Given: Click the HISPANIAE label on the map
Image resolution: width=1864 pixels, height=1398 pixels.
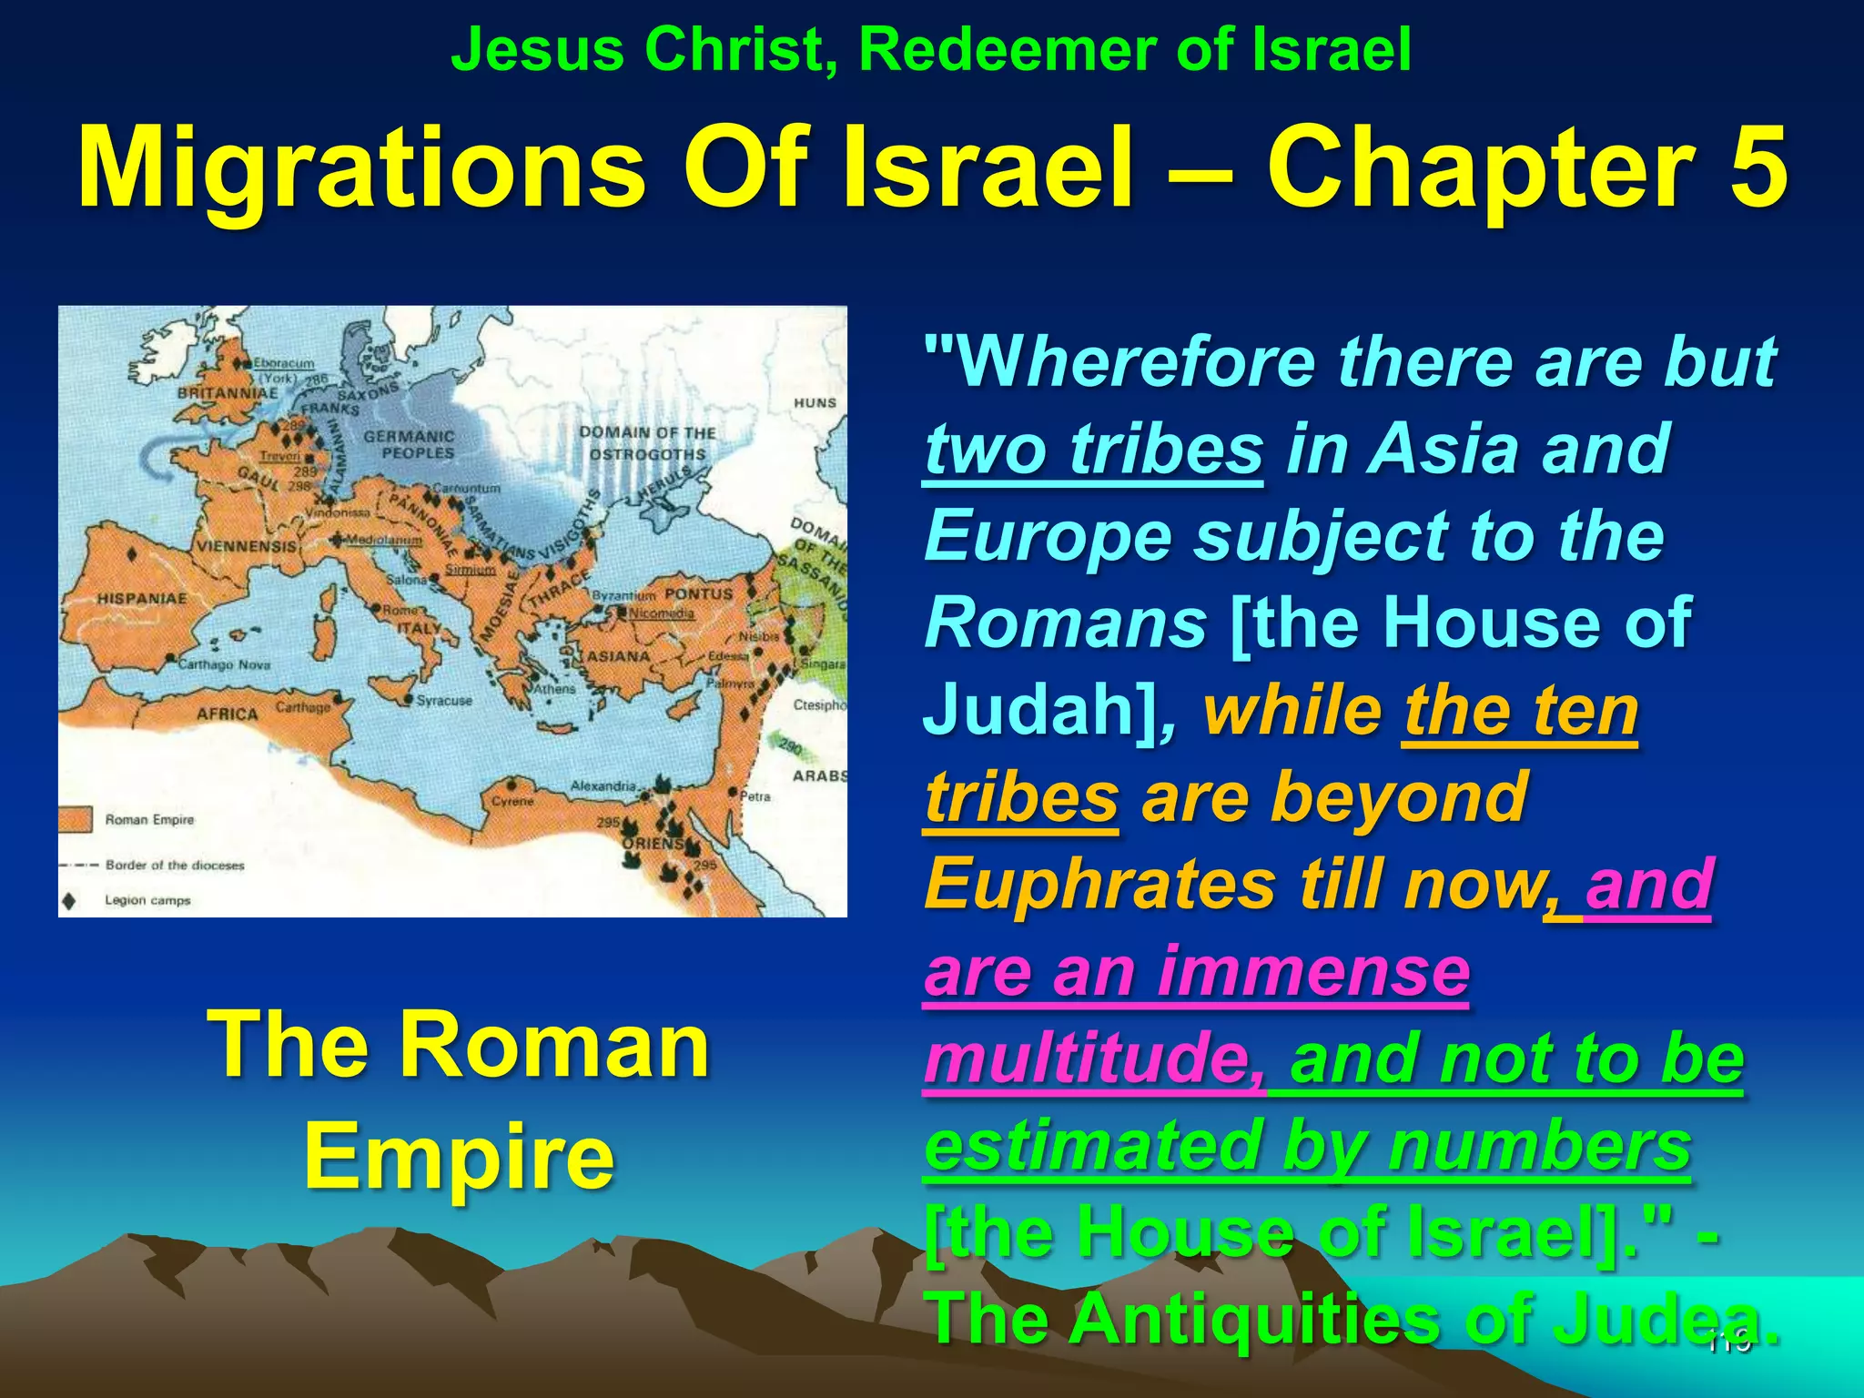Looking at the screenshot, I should coord(142,599).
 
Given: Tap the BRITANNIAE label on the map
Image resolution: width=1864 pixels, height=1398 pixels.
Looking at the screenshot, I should coord(227,393).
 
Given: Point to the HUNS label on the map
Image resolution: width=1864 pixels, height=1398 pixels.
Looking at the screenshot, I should coord(815,402).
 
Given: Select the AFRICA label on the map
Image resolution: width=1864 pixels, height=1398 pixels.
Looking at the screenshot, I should coord(227,714).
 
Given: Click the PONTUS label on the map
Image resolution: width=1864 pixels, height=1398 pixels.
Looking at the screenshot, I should coord(698,593).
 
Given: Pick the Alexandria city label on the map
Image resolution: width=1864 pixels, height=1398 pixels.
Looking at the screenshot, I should coord(603,785).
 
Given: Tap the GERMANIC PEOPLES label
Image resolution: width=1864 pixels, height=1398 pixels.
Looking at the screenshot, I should coord(409,444).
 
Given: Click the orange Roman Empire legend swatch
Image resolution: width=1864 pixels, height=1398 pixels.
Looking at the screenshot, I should coord(76,819).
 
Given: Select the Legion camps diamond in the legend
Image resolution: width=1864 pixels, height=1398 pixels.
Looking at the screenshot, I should coord(69,901).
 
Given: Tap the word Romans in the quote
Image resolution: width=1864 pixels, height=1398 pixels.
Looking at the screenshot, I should coord(1065,623).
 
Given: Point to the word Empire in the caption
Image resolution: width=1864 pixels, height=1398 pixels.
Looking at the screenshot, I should coord(459,1156).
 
